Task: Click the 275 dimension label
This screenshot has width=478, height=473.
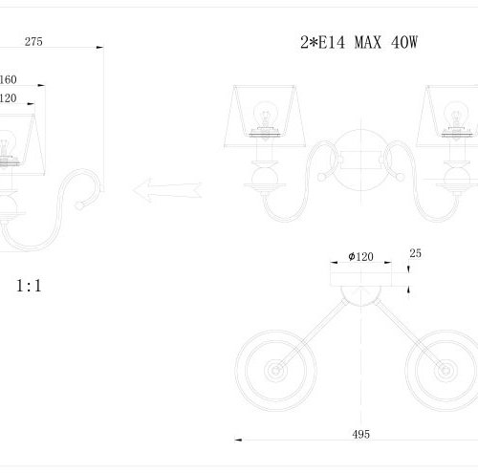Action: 33,42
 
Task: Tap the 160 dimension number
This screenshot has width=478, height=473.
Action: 9,79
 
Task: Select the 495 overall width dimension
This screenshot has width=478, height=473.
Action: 361,434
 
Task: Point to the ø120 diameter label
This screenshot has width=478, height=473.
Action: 360,256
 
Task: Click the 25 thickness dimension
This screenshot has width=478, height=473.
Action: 416,253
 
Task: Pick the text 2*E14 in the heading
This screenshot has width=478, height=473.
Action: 322,42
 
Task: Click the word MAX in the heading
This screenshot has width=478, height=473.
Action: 368,42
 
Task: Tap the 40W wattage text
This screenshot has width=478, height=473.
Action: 404,42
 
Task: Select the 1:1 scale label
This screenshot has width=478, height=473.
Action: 29,286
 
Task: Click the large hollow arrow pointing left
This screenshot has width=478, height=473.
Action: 167,190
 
